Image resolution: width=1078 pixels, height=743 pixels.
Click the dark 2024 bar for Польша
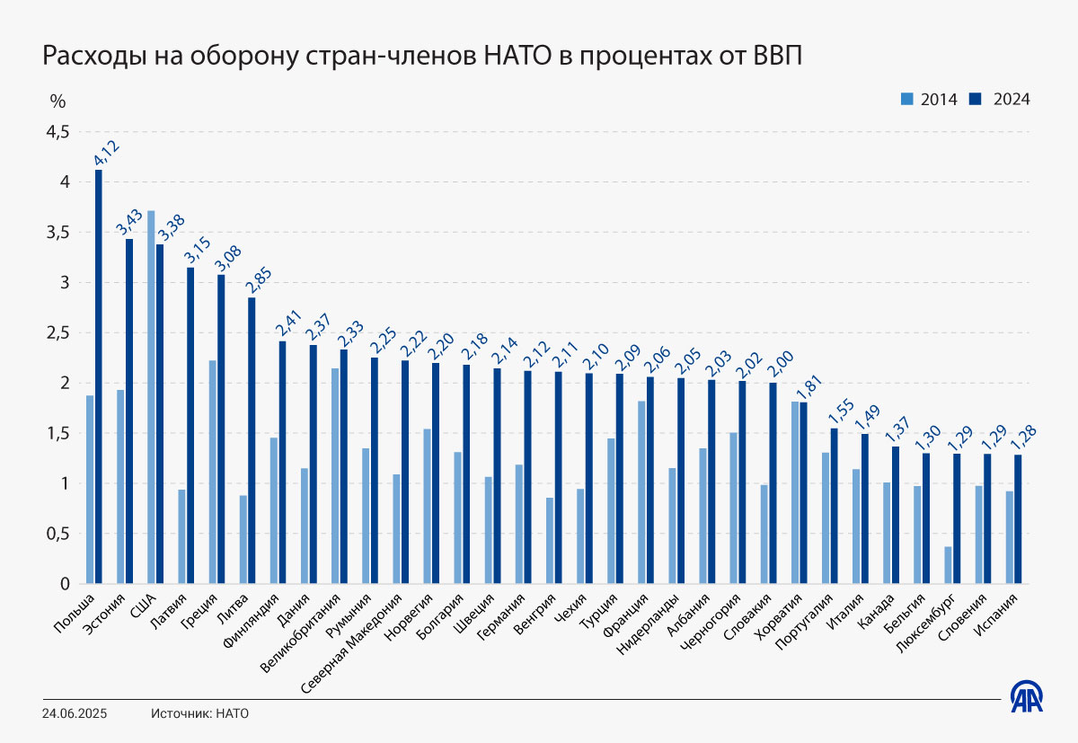(x=99, y=377)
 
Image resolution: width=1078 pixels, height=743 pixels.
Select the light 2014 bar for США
(x=151, y=397)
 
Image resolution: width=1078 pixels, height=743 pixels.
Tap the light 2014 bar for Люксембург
(x=948, y=565)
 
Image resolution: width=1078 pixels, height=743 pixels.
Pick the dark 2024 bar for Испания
(x=1018, y=519)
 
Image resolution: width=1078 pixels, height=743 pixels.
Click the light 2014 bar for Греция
(x=212, y=472)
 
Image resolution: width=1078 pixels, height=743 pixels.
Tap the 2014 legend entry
(x=929, y=99)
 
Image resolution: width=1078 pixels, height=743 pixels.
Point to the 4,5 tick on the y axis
(x=57, y=132)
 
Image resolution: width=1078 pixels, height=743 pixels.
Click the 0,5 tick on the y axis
(x=57, y=534)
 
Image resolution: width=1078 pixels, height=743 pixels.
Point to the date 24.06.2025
(x=75, y=713)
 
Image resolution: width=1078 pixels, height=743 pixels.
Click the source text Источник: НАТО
(x=199, y=713)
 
